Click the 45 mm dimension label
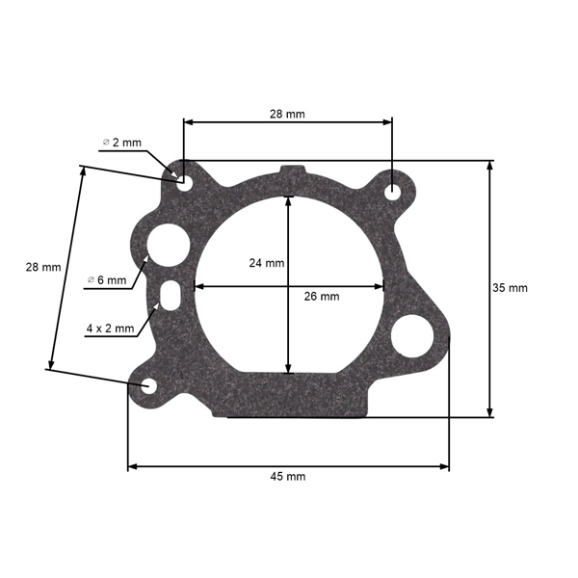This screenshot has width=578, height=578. (288, 476)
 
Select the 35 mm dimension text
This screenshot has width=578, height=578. (511, 288)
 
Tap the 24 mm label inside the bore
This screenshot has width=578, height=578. (266, 263)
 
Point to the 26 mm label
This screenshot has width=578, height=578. (322, 297)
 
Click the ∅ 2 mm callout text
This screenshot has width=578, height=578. (122, 143)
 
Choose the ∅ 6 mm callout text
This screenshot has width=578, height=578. (107, 280)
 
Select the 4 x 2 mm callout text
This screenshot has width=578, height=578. (110, 328)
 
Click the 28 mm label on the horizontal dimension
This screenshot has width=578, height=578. (287, 114)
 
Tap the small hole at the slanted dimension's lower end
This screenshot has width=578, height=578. (149, 386)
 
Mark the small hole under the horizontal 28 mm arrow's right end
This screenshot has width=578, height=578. (393, 192)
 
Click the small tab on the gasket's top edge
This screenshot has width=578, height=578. (288, 170)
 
